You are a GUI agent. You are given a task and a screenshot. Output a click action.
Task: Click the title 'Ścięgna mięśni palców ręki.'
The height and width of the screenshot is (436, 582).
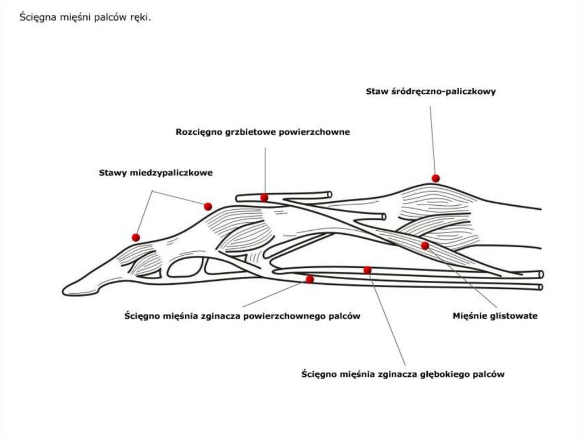click(x=85, y=17)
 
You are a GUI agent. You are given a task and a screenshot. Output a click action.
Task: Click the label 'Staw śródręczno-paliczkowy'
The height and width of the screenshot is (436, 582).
click(x=431, y=92)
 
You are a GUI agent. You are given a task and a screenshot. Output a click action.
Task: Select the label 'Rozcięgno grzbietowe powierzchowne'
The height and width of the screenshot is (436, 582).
click(x=263, y=132)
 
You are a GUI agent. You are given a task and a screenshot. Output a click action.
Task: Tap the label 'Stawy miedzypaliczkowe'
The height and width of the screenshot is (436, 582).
click(x=156, y=173)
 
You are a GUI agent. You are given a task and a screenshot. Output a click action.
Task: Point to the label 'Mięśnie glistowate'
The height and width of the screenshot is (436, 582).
click(x=495, y=315)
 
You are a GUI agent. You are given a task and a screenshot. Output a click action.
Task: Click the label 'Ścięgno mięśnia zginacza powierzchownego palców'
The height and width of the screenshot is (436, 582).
click(x=242, y=316)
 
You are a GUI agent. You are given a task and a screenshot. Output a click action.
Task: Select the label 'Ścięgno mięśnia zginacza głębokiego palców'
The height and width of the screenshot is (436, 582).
click(x=403, y=374)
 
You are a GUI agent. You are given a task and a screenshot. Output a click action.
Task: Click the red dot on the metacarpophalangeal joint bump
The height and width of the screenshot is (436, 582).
click(x=436, y=178)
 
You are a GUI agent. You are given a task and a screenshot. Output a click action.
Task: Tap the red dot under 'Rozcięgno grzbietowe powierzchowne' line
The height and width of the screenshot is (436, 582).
click(x=264, y=198)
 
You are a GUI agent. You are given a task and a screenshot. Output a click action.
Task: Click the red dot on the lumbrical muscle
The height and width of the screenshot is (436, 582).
click(x=425, y=246)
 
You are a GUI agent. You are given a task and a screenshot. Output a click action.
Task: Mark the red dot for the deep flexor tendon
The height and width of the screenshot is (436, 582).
click(x=368, y=270)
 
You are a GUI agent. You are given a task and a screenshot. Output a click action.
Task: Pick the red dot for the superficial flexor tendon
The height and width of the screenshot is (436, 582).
click(x=310, y=279)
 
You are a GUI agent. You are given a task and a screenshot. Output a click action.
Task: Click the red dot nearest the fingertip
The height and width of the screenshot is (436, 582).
click(x=136, y=237)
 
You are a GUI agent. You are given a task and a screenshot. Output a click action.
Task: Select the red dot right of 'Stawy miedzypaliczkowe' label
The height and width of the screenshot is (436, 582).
click(x=208, y=206)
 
